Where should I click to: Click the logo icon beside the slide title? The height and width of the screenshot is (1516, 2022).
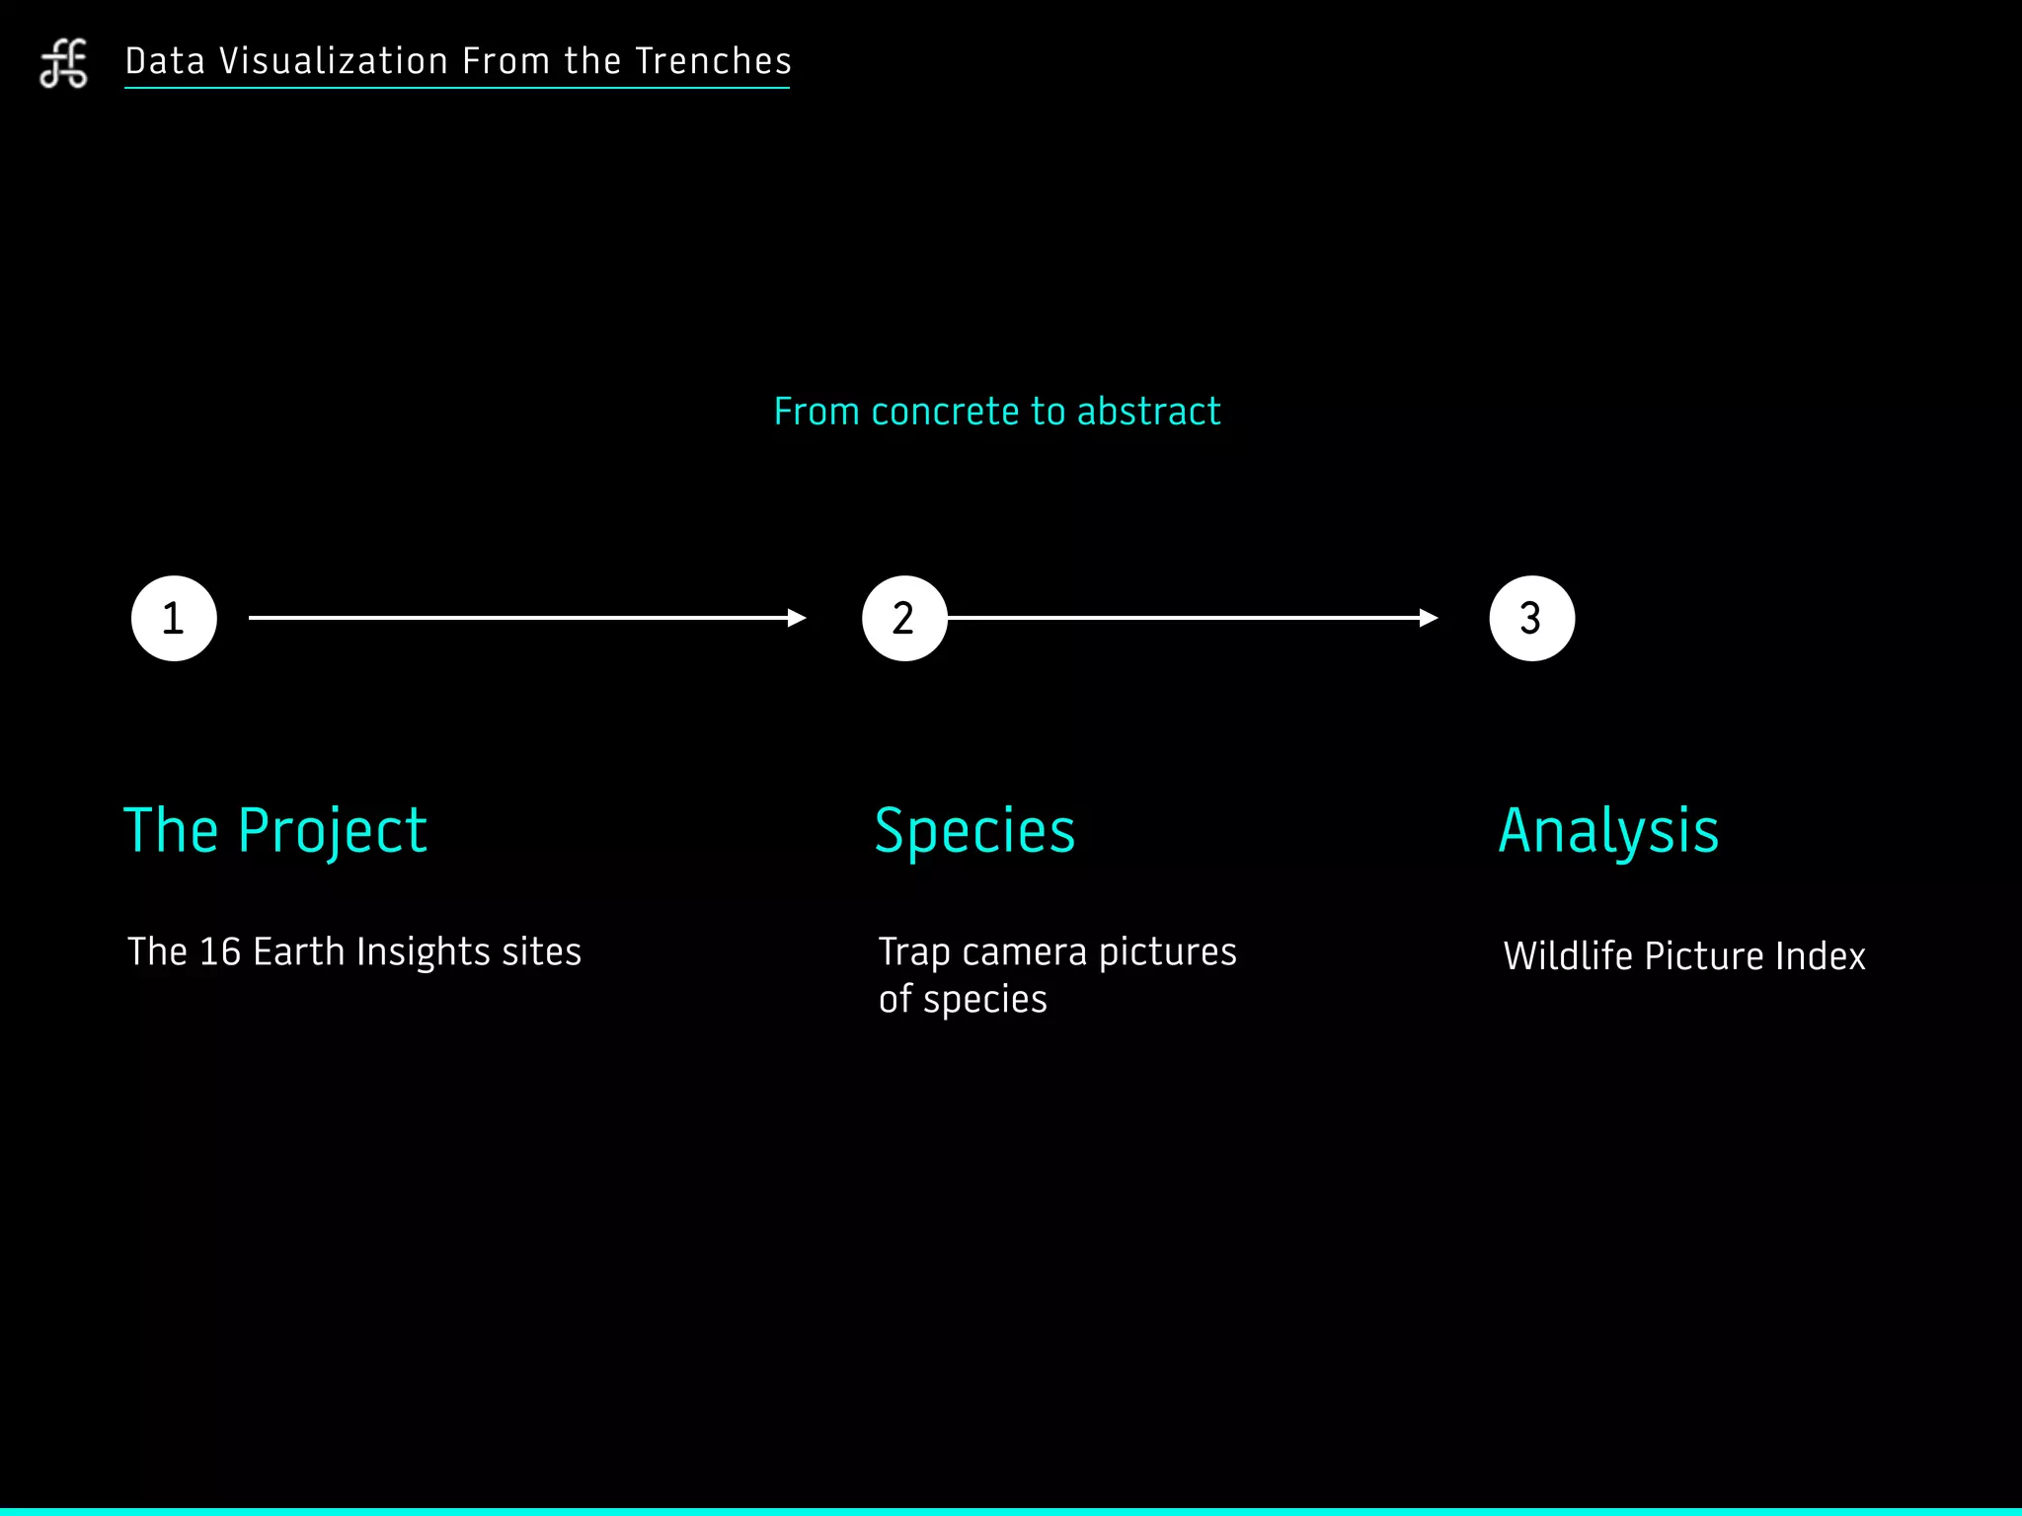[x=64, y=64]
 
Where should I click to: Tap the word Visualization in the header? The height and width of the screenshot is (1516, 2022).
[x=334, y=61]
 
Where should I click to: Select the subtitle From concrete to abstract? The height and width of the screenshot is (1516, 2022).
[x=996, y=412]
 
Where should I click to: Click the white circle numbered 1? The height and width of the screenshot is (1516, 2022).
[x=174, y=619]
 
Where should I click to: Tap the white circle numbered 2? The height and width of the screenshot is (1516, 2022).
[x=904, y=619]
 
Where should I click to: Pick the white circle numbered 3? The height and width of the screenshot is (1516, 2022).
[x=1531, y=619]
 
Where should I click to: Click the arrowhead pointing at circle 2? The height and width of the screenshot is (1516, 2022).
[x=797, y=619]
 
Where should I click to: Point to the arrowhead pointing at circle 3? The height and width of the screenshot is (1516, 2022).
[x=1428, y=619]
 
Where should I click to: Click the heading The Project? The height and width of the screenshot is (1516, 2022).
[x=275, y=831]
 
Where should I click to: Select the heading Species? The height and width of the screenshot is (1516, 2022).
[x=974, y=831]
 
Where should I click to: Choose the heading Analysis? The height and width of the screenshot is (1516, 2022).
[x=1608, y=831]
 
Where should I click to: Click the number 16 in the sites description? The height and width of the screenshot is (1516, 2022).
[x=220, y=952]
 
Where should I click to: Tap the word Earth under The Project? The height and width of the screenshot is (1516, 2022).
[x=299, y=952]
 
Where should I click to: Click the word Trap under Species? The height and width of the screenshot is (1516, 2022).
[x=914, y=952]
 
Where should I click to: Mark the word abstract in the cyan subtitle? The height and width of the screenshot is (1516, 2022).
[x=1148, y=412]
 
